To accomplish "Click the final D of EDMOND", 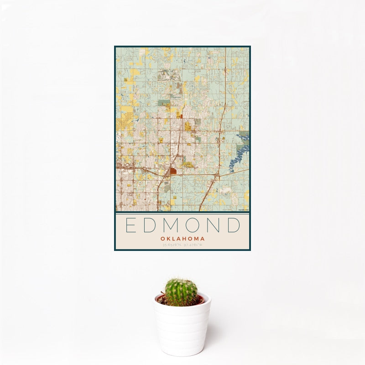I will tap(235, 225).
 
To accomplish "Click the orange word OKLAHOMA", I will tap(182, 239).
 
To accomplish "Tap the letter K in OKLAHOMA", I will tap(167, 239).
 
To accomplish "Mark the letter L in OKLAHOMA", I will tap(173, 239).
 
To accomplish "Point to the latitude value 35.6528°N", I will tap(172, 245).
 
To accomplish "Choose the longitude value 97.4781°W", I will tap(193, 245).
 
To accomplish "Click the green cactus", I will tap(181, 292).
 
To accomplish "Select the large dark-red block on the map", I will tap(173, 172).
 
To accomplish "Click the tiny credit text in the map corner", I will tap(243, 210).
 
